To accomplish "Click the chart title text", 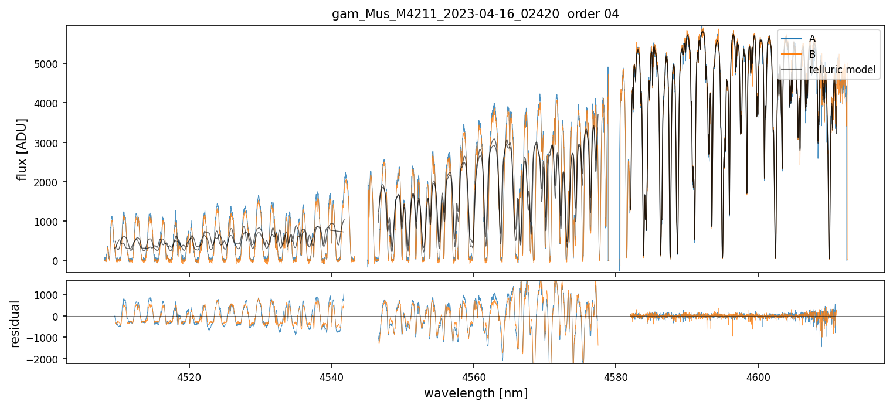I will pos(476,14).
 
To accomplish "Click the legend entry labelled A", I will pos(812,39).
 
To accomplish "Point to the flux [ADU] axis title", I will pos(22,149).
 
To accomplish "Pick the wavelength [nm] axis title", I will pos(476,393).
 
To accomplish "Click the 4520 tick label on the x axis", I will pos(189,375).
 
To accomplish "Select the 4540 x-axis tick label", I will pos(331,375).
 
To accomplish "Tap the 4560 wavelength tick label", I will pos(474,375).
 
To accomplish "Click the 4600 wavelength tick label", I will pos(758,375).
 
